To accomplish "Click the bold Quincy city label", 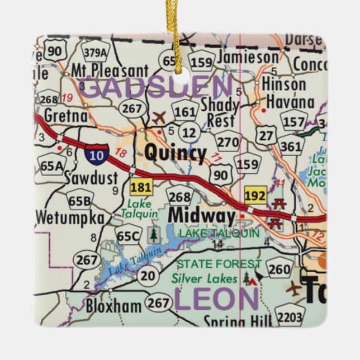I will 175,153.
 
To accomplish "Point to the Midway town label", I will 201,215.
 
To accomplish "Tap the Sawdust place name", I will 91,178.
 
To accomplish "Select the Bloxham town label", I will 113,306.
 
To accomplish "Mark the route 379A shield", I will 95,52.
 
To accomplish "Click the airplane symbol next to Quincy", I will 159,118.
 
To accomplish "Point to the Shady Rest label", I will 220,112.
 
